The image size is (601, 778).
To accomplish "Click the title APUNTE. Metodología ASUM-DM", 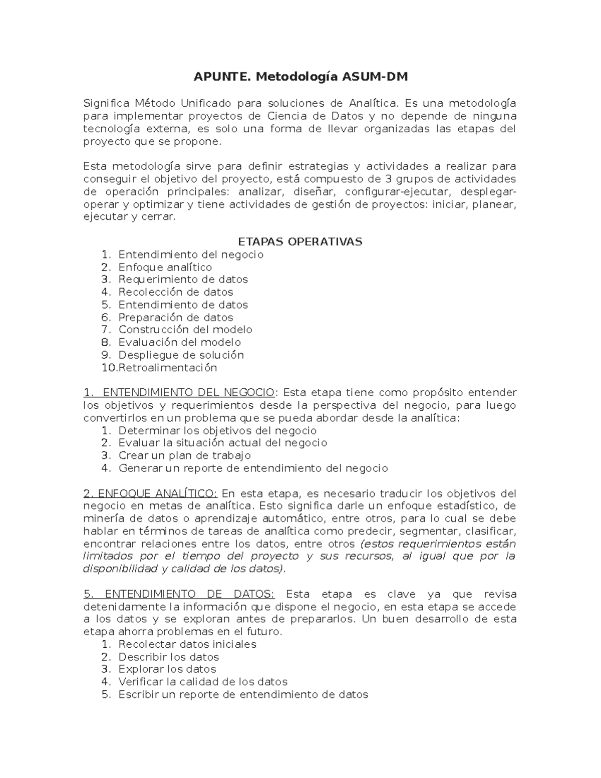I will click(300, 77).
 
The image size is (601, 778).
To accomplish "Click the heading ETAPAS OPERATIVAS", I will click(300, 241).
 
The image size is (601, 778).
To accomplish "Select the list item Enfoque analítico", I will click(165, 267).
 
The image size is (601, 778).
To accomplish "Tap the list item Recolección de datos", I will click(175, 292).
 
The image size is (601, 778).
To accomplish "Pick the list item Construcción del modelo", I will click(185, 330).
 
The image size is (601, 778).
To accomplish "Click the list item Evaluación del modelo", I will click(179, 342).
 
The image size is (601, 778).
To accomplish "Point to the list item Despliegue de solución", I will click(181, 355).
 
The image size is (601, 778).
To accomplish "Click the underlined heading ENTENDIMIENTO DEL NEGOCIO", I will click(179, 392).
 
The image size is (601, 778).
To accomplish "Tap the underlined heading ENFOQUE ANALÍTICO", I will click(150, 493).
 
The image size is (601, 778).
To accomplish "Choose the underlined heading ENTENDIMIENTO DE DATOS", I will click(179, 594).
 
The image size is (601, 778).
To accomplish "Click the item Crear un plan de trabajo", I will click(184, 455).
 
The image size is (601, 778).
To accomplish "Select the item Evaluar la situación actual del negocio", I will click(222, 443).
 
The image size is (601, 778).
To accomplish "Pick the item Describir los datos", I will click(168, 657).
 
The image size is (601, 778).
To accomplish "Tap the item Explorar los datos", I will click(167, 669).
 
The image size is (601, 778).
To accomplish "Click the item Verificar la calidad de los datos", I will click(202, 682).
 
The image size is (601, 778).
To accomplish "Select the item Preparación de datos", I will click(175, 317).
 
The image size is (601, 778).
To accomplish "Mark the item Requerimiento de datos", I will click(183, 280).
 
